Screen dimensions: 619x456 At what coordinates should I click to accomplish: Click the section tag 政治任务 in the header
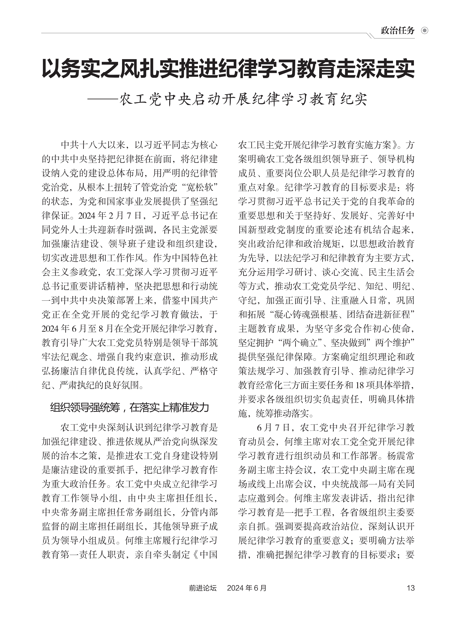tap(397, 30)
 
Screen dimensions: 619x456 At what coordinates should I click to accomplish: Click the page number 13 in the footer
tap(410, 588)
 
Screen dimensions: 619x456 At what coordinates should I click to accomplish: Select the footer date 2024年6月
tap(246, 588)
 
